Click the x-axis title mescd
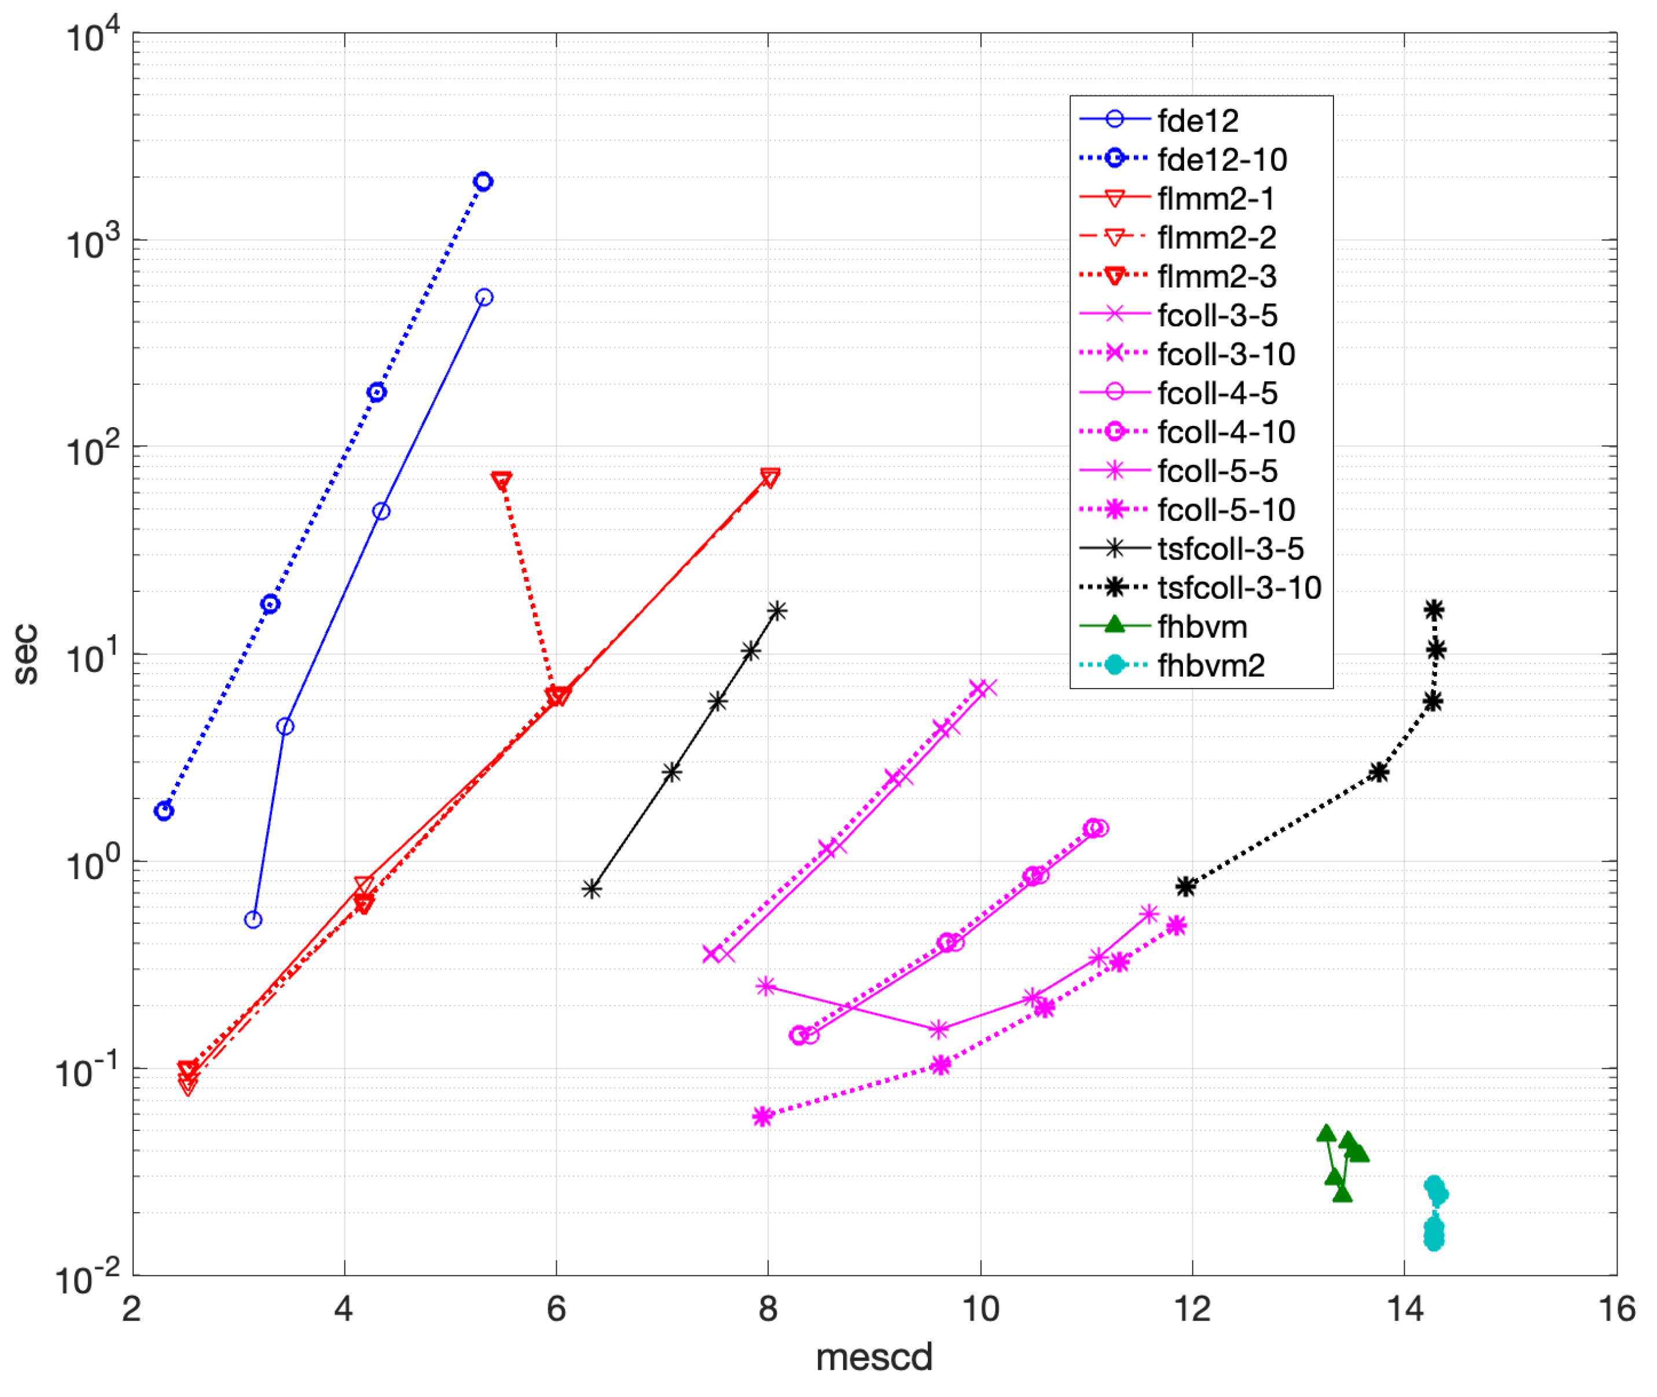point(874,1358)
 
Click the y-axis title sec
point(25,654)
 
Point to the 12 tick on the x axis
point(1192,1309)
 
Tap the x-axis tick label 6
point(556,1309)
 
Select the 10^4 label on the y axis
point(93,36)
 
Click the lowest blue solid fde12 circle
point(253,920)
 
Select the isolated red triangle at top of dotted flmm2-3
point(501,481)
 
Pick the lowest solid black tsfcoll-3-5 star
point(591,889)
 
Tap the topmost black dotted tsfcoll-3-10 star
point(1434,610)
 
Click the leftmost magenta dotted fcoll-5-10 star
point(762,1117)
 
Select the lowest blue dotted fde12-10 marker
point(164,811)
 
